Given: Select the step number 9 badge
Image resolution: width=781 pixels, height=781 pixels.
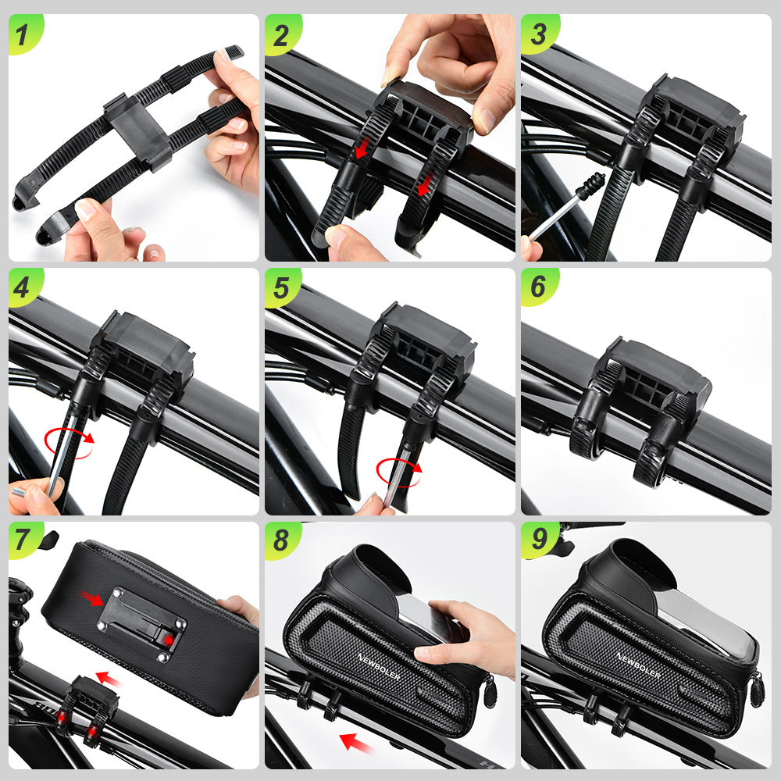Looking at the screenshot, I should click(x=537, y=540).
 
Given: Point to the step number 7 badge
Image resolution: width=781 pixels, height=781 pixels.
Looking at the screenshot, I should click(x=23, y=540).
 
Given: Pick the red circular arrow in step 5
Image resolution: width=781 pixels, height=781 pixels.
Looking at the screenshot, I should click(x=398, y=471).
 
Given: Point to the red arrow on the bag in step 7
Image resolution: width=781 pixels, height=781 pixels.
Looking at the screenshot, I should click(x=91, y=599).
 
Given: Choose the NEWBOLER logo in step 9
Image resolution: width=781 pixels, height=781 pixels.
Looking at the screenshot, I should click(x=637, y=664).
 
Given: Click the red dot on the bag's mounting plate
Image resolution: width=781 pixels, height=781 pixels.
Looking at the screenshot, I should click(x=168, y=640).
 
